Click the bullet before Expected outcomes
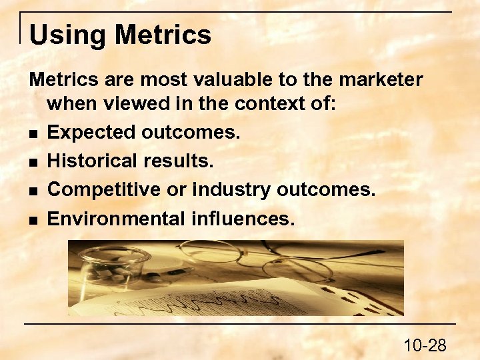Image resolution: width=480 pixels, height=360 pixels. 33,133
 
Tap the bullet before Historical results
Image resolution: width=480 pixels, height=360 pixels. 33,162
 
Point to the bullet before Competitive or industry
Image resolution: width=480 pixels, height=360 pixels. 33,191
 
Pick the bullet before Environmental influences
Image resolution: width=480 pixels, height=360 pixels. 33,219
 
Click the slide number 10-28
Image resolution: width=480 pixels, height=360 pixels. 425,345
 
